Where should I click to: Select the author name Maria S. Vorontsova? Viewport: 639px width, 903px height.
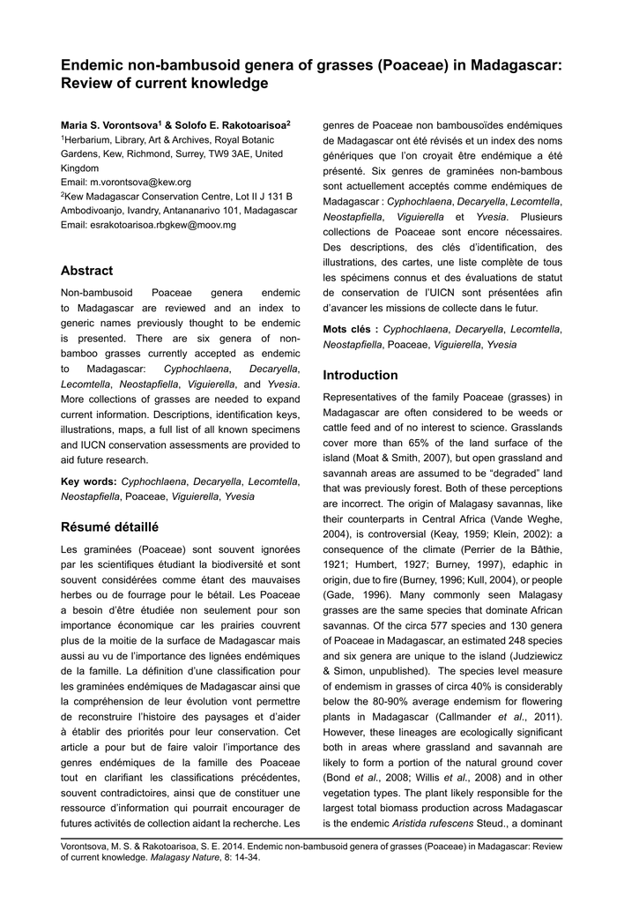108,126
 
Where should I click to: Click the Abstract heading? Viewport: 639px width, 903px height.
86,271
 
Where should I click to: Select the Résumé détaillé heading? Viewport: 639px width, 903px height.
109,527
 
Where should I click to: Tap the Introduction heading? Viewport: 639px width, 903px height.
360,375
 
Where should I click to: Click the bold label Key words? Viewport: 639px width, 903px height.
88,481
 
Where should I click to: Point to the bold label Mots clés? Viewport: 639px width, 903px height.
349,330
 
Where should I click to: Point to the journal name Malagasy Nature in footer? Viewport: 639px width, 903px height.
182,855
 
